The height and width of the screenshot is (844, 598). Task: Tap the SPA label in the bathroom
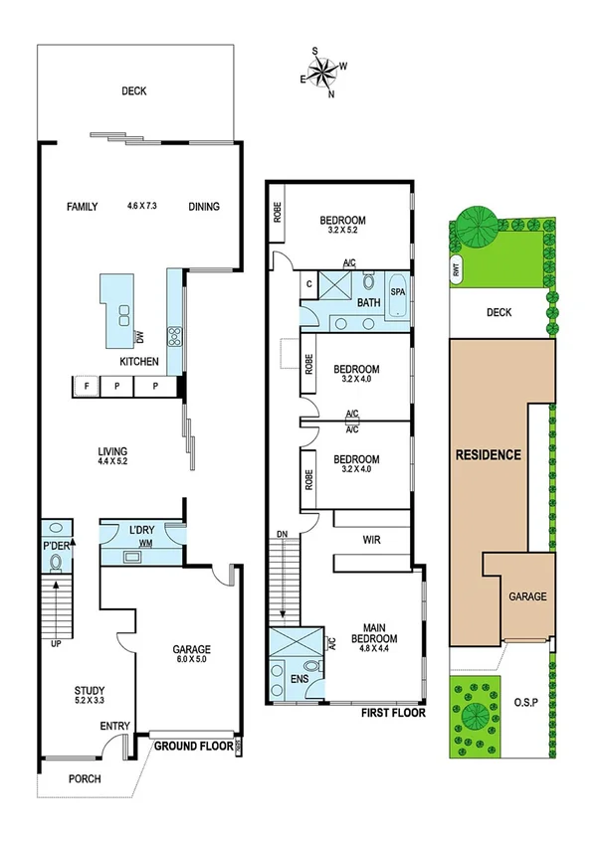click(x=398, y=292)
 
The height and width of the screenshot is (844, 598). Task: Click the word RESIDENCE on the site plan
click(x=488, y=455)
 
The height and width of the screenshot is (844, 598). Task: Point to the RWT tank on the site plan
click(x=456, y=267)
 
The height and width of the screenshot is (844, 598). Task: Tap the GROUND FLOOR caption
click(x=193, y=745)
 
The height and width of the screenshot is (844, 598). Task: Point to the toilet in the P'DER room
click(x=56, y=564)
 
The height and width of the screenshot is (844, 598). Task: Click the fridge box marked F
click(x=87, y=386)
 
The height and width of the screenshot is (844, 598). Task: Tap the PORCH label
click(x=85, y=778)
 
